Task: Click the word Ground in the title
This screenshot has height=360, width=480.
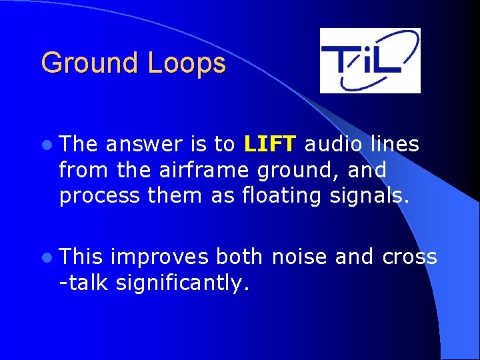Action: click(x=91, y=64)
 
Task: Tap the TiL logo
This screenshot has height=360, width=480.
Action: click(x=370, y=60)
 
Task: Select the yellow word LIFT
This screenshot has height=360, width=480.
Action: click(x=270, y=144)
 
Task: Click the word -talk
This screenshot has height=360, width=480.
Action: click(x=84, y=283)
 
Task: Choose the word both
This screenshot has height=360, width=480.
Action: click(x=238, y=257)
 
